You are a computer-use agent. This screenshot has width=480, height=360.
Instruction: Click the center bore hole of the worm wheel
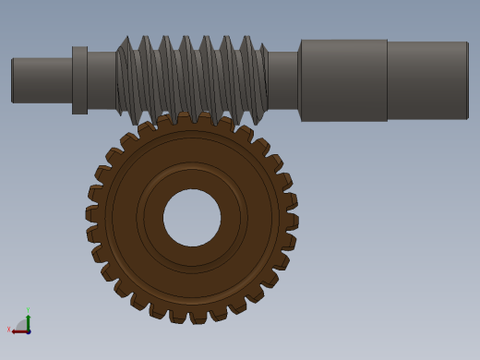point(192,218)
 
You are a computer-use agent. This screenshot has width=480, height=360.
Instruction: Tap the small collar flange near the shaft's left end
point(79,80)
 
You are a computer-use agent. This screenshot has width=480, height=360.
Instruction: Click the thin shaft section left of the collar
point(42,80)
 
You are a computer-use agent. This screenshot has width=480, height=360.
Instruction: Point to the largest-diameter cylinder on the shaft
point(343,80)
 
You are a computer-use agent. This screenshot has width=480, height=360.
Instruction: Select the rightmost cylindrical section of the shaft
point(426,80)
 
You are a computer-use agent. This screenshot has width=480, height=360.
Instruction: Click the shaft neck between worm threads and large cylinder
point(283,80)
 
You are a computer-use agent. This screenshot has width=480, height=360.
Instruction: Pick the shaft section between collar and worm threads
point(101,80)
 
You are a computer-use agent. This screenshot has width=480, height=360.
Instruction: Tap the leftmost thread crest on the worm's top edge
point(125,41)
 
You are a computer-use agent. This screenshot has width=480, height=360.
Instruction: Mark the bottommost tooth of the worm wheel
point(198,317)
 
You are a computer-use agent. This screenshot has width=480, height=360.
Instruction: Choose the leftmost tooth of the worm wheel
point(91,214)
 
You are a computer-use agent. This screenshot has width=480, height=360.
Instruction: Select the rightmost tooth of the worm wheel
point(292,221)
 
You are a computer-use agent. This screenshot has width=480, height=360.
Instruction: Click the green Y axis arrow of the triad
point(28,319)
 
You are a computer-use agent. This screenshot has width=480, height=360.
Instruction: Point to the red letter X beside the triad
point(9,329)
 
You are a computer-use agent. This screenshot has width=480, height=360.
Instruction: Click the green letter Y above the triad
point(28,310)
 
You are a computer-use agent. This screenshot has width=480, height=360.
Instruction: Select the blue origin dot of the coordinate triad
point(29,331)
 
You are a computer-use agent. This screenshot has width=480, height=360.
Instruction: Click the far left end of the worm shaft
point(13,80)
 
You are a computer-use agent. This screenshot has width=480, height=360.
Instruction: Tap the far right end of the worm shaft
point(466,80)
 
